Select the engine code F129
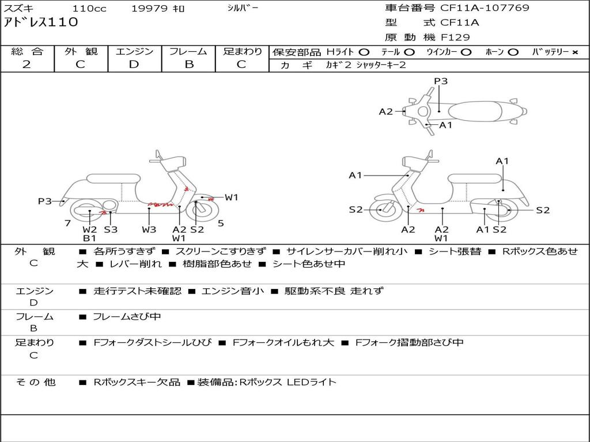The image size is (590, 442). (455, 37)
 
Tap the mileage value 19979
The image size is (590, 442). (149, 9)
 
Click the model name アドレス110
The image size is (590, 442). (41, 23)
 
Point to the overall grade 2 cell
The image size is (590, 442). (27, 64)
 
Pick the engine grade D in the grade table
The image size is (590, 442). (134, 64)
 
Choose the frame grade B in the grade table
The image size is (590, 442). (189, 64)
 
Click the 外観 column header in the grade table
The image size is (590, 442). (81, 52)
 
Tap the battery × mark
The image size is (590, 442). (574, 52)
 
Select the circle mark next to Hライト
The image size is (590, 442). (364, 52)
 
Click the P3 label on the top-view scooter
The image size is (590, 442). (441, 81)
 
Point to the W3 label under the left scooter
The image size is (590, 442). (149, 229)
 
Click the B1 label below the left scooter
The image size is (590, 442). (89, 238)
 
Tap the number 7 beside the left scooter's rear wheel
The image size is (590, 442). (67, 223)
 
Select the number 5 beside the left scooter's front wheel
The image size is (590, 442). (221, 223)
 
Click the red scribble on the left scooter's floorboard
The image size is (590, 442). (160, 204)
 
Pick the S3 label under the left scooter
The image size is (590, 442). (111, 229)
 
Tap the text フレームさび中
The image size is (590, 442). (127, 317)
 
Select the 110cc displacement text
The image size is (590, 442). (89, 9)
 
